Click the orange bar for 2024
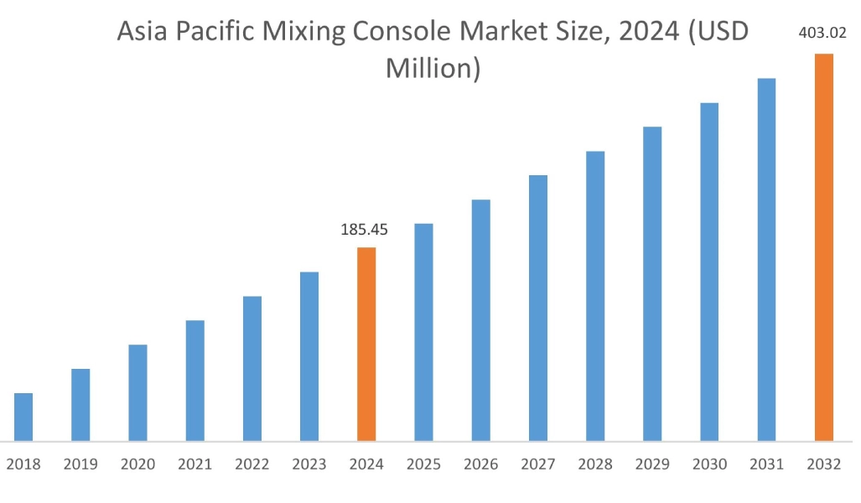(x=366, y=344)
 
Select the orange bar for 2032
(x=824, y=247)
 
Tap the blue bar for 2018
(x=23, y=417)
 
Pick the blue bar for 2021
(x=195, y=381)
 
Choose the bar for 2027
(x=538, y=308)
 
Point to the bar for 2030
(x=709, y=272)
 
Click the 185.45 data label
(x=365, y=230)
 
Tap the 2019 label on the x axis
(x=80, y=464)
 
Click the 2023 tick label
(x=309, y=464)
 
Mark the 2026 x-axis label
(x=480, y=464)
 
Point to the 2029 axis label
(x=652, y=464)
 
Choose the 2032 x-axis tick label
(x=823, y=464)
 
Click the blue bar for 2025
(x=424, y=332)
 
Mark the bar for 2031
(x=766, y=259)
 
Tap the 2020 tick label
(x=137, y=464)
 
